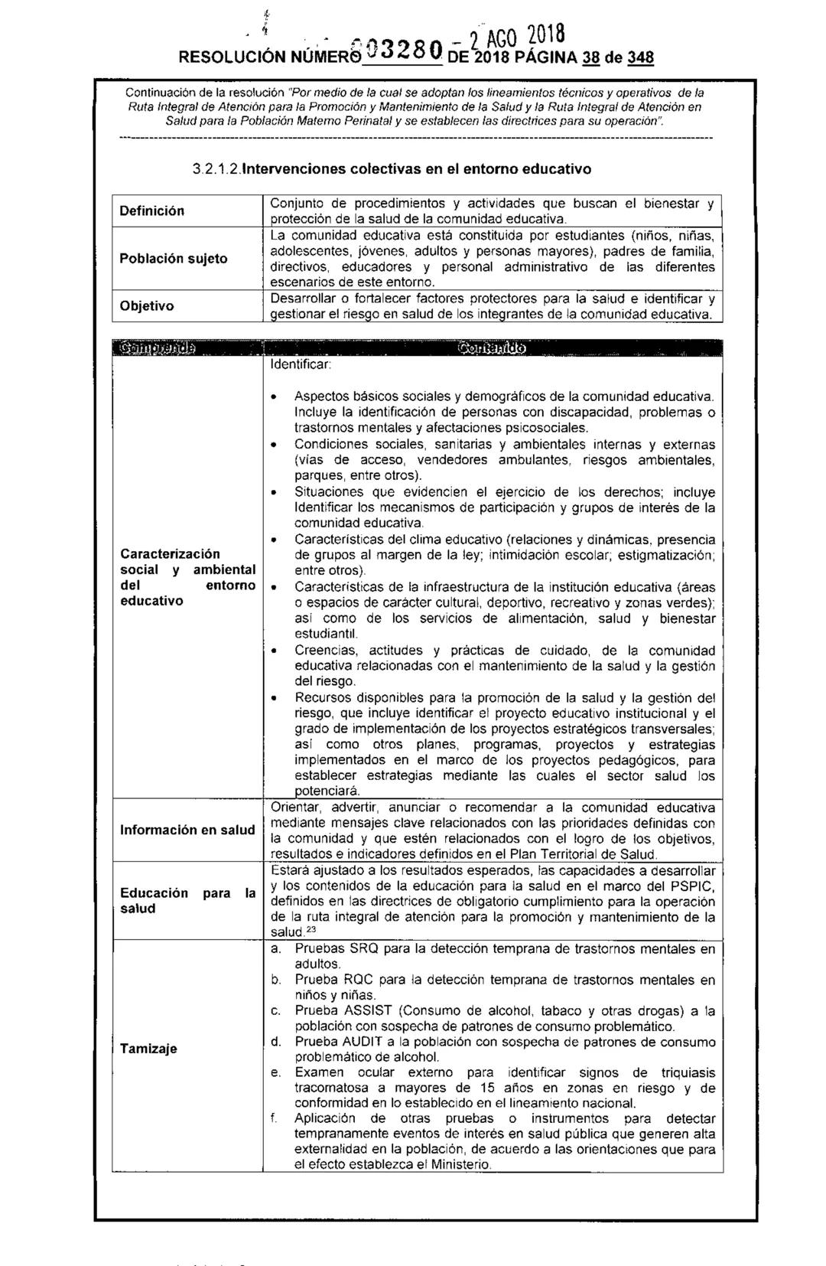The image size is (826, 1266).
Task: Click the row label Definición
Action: coord(152,210)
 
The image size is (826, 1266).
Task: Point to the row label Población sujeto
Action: coord(174,258)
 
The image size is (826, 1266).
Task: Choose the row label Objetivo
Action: coord(146,305)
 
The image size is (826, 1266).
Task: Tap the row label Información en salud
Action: coord(187,830)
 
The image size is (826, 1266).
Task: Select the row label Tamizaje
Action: coord(148,1049)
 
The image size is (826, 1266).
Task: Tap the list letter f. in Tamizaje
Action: coord(274,1118)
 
